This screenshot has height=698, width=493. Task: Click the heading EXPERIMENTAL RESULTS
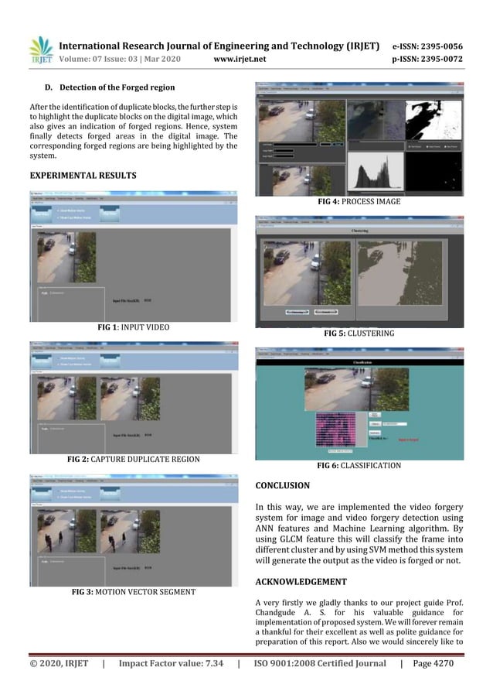(83, 176)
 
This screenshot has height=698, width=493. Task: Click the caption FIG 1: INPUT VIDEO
(133, 327)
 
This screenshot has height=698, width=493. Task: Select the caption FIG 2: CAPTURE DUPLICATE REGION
(133, 459)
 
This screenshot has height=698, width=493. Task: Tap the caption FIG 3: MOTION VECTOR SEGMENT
(133, 592)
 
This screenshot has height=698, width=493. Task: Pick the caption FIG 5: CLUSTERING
(359, 333)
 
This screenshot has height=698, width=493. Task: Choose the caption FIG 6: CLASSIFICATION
(359, 466)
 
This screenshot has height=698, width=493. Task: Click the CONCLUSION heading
(282, 486)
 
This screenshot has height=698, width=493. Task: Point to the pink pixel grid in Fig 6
(335, 429)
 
